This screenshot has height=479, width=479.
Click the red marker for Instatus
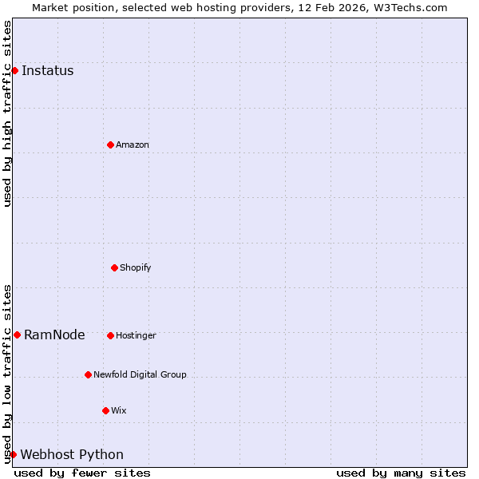pyautogui.click(x=14, y=70)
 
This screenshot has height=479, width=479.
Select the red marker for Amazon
pyautogui.click(x=110, y=144)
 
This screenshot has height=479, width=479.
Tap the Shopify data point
pyautogui.click(x=114, y=267)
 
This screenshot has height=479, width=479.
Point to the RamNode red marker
pyautogui.click(x=17, y=335)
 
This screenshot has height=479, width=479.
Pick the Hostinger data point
pyautogui.click(x=110, y=335)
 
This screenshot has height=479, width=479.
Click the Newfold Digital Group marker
pyautogui.click(x=88, y=374)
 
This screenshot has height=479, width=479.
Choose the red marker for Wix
pyautogui.click(x=105, y=410)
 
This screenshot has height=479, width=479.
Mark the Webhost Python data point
pyautogui.click(x=13, y=454)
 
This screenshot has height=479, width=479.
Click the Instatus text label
pyautogui.click(x=47, y=70)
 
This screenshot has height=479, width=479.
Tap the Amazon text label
pyautogui.click(x=133, y=144)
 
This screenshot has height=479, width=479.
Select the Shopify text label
pyautogui.click(x=136, y=267)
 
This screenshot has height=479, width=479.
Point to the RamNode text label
pyautogui.click(x=54, y=335)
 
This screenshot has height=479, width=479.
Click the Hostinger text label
pyautogui.click(x=136, y=335)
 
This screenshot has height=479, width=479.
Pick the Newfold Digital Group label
pyautogui.click(x=140, y=374)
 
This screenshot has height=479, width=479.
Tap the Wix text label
pyautogui.click(x=119, y=410)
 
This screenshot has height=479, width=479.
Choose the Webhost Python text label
pyautogui.click(x=72, y=454)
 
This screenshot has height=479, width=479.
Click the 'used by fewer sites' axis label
pyautogui.click(x=82, y=473)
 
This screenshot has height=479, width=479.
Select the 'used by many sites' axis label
pyautogui.click(x=401, y=473)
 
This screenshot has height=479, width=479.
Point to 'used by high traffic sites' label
pyautogui.click(x=7, y=113)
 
